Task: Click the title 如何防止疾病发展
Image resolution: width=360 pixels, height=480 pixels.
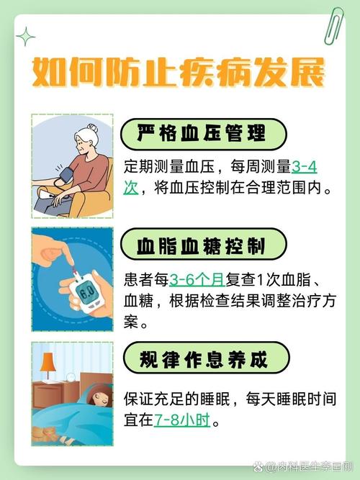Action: point(179,74)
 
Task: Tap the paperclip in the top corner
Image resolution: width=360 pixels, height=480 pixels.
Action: point(333,25)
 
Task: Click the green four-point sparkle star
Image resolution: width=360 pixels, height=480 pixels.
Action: point(26,37)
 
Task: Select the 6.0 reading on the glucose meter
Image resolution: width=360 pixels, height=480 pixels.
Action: point(87,295)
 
